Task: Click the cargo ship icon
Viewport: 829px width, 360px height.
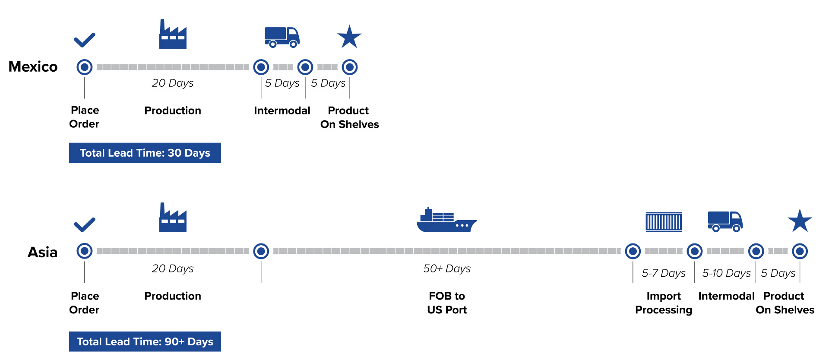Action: (x=446, y=221)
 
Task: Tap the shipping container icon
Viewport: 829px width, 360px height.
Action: (x=664, y=222)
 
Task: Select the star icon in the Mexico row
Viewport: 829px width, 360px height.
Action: (x=349, y=37)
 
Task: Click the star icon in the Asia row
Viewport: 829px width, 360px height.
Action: (x=800, y=221)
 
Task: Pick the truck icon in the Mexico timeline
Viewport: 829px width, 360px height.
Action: (x=282, y=37)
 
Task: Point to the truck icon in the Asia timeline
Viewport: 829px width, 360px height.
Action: (x=725, y=221)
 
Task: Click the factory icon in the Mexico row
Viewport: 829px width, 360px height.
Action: (x=173, y=35)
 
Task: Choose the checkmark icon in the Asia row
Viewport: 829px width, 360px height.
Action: (x=84, y=224)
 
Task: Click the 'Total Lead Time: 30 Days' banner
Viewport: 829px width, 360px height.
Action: (x=145, y=153)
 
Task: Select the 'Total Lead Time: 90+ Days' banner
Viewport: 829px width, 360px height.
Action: (x=145, y=341)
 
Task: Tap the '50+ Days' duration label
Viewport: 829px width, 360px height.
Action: (x=447, y=268)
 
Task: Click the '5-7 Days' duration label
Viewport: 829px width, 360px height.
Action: (x=664, y=273)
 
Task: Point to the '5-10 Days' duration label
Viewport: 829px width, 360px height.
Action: (x=726, y=273)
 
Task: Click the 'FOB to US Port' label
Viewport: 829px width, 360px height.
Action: (x=447, y=303)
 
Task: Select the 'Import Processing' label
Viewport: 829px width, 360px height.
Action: (x=664, y=303)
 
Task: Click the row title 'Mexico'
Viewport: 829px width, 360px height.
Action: (x=33, y=67)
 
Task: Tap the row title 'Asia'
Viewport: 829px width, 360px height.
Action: (x=42, y=252)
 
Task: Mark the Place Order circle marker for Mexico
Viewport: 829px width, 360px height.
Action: (x=85, y=67)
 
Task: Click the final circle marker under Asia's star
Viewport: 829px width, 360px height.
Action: (x=800, y=251)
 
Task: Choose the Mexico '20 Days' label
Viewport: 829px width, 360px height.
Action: (x=173, y=83)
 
